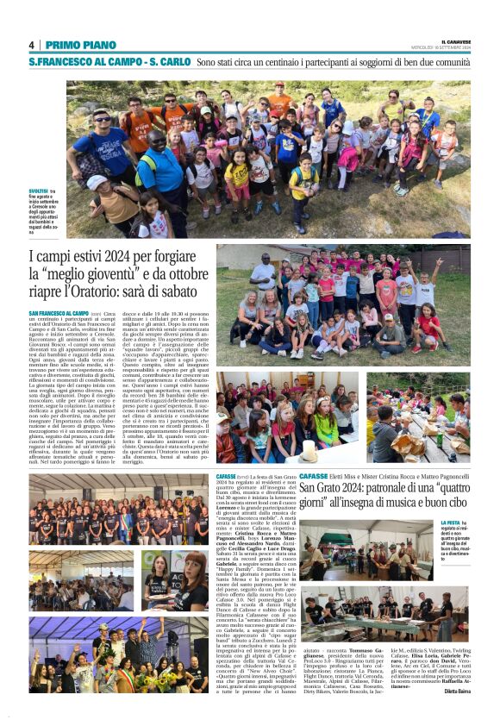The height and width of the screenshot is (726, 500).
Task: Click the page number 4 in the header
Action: tap(31, 45)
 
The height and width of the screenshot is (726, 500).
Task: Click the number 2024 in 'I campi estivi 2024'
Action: tap(126, 256)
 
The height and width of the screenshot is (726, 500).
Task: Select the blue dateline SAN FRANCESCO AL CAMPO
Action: tap(58, 313)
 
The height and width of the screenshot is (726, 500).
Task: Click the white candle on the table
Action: tap(309, 449)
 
